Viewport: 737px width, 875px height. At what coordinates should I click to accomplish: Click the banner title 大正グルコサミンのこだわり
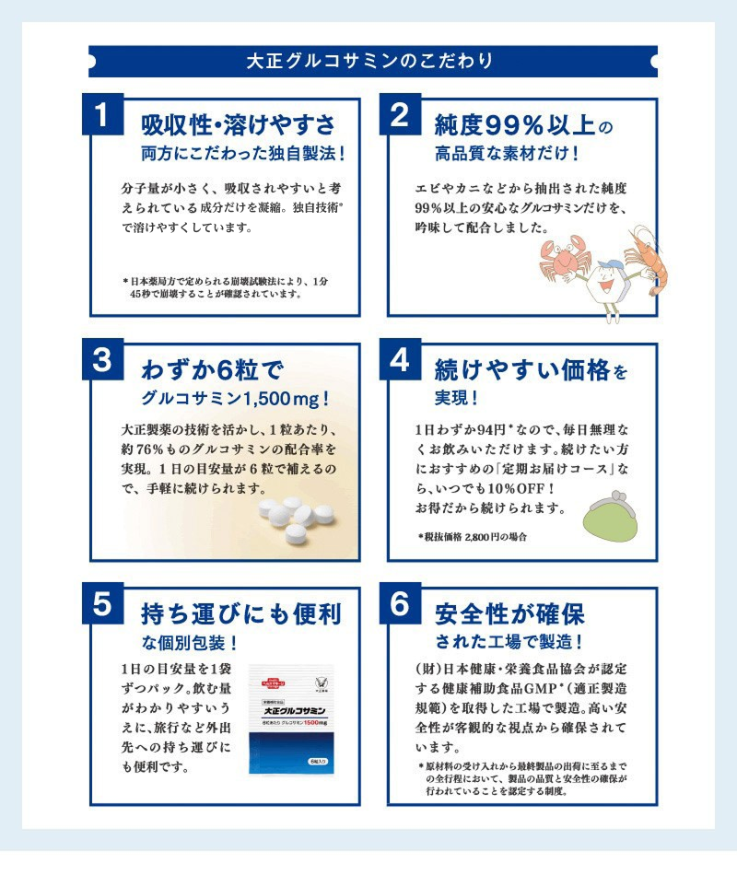(x=369, y=61)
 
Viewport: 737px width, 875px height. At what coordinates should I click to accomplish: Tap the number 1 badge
(x=103, y=114)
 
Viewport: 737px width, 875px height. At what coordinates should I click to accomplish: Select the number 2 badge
(x=400, y=114)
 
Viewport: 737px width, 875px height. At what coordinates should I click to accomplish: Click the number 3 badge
(x=103, y=359)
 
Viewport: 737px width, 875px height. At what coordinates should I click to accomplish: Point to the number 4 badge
(x=400, y=359)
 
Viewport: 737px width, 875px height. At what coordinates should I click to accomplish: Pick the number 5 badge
(x=103, y=603)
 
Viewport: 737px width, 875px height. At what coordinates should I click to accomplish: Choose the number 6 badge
(x=400, y=603)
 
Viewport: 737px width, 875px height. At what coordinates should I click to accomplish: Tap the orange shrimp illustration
(x=649, y=257)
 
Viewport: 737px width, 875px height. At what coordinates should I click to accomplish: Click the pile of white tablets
(x=297, y=519)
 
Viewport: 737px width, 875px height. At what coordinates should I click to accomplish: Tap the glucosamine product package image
(x=291, y=720)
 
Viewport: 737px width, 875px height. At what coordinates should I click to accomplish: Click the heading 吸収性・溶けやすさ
(x=238, y=124)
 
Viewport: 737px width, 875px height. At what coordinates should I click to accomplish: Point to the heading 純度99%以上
(x=514, y=125)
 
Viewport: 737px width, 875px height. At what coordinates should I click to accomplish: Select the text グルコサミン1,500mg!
(x=235, y=399)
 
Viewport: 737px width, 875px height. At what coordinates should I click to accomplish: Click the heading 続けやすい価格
(x=522, y=369)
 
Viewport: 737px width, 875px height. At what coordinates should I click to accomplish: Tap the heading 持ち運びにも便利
(x=241, y=613)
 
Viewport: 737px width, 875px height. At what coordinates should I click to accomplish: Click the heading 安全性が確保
(x=509, y=613)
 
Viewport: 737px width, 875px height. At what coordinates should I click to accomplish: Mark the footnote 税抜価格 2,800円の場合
(x=473, y=537)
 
